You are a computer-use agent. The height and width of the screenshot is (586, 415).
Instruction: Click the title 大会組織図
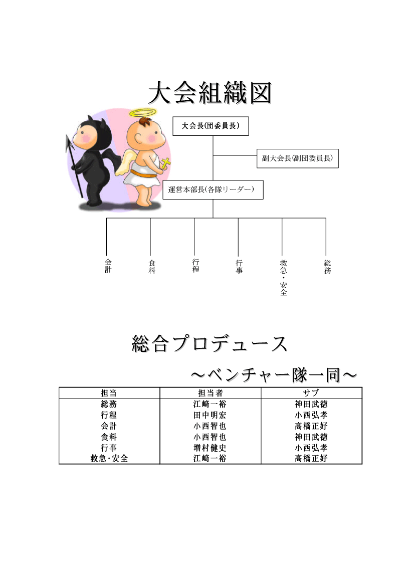[x=210, y=93]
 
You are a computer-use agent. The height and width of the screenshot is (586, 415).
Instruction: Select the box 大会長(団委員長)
[x=211, y=126]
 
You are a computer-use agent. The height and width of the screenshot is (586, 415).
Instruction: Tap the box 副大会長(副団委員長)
[x=297, y=158]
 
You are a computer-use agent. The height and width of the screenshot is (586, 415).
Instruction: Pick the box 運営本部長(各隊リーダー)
[x=213, y=190]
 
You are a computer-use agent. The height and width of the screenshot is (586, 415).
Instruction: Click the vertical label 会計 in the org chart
[x=108, y=266]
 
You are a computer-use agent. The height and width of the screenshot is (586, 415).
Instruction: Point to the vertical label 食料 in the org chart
[x=152, y=267]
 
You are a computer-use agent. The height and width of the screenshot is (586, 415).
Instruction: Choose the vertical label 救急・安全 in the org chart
[x=284, y=277]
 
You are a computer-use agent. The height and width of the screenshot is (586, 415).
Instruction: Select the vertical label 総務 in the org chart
[x=327, y=267]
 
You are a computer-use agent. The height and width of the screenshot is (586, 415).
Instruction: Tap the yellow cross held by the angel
[x=165, y=163]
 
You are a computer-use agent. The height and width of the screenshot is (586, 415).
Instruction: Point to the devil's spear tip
[x=68, y=143]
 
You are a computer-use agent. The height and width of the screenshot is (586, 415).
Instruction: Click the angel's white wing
[x=124, y=162]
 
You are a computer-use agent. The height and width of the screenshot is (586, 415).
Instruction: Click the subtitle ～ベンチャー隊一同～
[x=274, y=375]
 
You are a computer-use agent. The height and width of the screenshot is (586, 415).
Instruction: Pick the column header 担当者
[x=211, y=393]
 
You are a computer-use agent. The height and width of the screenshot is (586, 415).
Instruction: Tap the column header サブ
[x=311, y=393]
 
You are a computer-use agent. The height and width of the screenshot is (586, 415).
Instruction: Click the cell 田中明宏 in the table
[x=210, y=415]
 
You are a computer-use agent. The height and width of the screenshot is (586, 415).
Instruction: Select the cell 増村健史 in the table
[x=210, y=448]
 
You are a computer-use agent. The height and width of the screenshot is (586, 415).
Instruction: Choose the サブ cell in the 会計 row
[x=311, y=426]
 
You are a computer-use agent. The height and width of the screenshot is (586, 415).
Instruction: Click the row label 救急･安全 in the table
[x=109, y=458]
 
